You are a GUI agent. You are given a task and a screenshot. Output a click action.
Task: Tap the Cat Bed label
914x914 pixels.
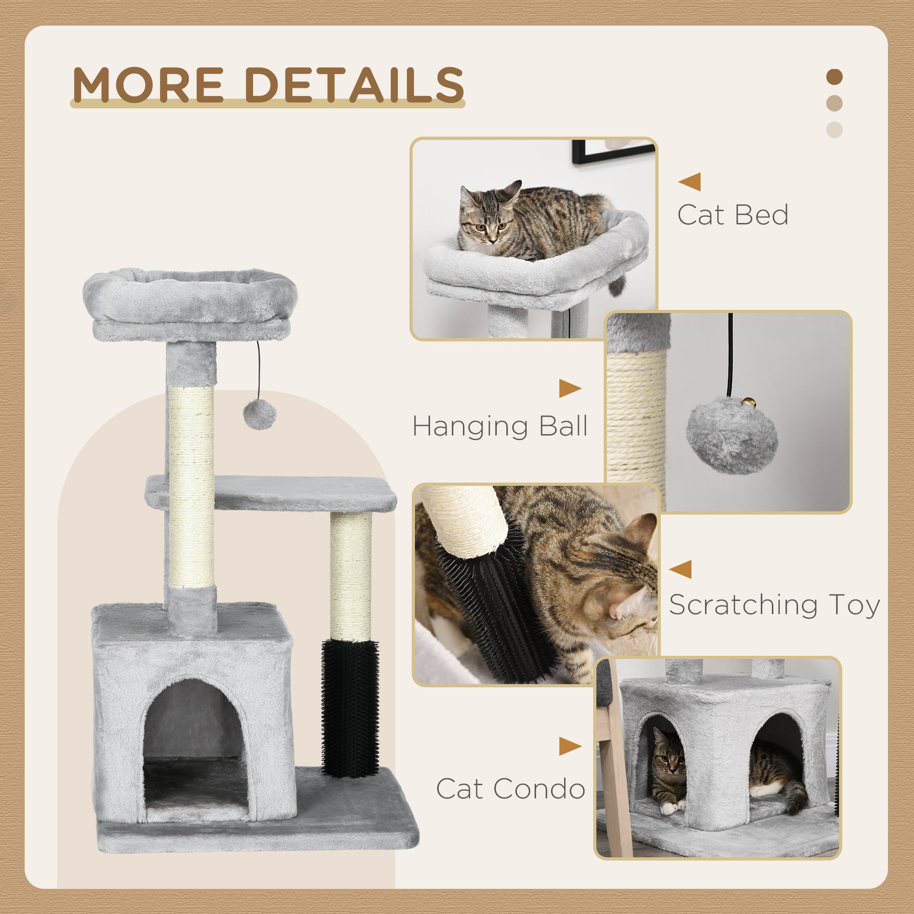point(732,215)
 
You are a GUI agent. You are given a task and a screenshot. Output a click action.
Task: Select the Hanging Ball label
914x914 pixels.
point(500,426)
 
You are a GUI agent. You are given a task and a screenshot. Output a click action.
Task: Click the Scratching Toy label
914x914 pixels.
point(774,605)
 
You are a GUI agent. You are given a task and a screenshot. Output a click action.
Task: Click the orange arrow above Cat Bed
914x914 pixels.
point(690,182)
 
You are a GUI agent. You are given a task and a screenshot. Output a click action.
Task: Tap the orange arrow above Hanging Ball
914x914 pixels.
point(570,388)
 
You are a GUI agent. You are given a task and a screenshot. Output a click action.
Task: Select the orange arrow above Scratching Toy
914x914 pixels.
point(681,569)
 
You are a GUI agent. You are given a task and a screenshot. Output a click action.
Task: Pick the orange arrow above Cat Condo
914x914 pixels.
point(570,746)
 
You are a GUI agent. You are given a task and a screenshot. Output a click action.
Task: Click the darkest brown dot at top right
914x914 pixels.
point(835,77)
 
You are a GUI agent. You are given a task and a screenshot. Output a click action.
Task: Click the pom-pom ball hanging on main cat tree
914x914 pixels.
point(259,414)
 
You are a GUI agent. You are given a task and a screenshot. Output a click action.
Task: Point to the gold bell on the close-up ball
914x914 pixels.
point(748,403)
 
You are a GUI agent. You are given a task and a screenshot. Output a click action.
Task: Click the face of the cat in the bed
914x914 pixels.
point(487,226)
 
